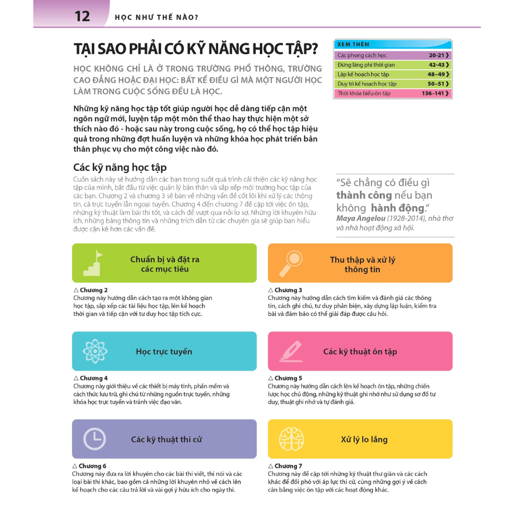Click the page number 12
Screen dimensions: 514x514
click(x=82, y=16)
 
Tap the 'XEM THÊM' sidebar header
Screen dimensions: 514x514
click(x=354, y=44)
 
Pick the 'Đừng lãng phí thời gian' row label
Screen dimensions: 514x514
click(x=366, y=65)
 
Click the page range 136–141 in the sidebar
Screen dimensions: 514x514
click(x=433, y=94)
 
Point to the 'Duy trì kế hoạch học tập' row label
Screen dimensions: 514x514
click(x=367, y=84)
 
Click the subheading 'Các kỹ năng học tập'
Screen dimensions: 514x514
click(x=120, y=167)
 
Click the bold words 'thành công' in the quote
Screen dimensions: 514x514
click(x=360, y=195)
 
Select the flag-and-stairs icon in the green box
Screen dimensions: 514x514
click(x=93, y=263)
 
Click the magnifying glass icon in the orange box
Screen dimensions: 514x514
click(x=290, y=263)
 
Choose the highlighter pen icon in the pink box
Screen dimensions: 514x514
click(x=290, y=351)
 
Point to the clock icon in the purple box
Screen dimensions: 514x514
click(x=94, y=439)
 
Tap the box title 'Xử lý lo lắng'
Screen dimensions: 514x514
click(x=364, y=439)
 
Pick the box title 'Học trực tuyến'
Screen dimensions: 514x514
click(x=164, y=352)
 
